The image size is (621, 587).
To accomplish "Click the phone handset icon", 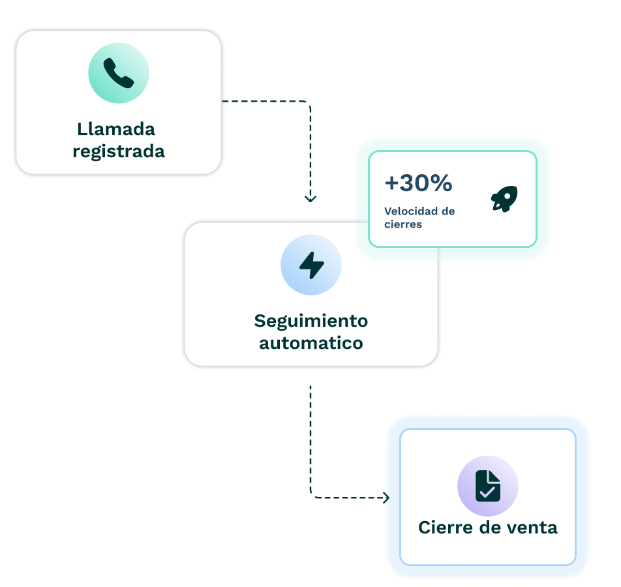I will click(119, 73).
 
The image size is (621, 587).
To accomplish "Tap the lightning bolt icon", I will click(311, 265).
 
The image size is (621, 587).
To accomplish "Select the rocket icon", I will click(504, 198).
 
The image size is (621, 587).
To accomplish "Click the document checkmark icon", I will click(488, 486).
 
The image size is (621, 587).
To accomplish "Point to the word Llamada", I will click(116, 128).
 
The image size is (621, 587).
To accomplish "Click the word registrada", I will click(119, 151).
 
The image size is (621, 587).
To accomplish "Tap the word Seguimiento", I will click(311, 321).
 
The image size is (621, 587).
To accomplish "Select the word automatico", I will click(311, 343).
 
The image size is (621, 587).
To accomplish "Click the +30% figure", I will click(418, 184).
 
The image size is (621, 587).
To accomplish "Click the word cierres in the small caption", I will click(403, 224).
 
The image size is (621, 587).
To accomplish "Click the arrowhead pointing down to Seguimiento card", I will click(310, 198).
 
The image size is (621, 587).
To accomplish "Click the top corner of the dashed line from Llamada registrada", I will click(310, 102).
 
